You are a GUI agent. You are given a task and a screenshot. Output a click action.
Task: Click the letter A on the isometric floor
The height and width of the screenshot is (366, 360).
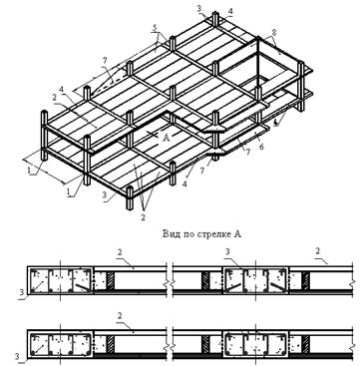click(x=167, y=138)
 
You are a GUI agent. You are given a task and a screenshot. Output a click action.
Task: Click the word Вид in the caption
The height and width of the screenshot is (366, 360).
click(x=171, y=234)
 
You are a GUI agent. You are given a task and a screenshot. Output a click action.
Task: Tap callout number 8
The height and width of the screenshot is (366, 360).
click(x=273, y=34)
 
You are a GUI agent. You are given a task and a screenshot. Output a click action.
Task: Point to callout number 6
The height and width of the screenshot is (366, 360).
click(x=261, y=147)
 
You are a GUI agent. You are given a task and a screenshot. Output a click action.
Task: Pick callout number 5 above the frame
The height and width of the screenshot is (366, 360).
click(x=155, y=29)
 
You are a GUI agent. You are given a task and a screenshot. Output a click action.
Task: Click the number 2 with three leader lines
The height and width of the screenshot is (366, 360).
click(x=144, y=217)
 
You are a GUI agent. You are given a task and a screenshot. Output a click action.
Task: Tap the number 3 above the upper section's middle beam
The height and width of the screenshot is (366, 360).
click(x=227, y=252)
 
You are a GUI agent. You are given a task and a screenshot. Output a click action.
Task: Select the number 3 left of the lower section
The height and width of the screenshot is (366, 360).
click(x=22, y=357)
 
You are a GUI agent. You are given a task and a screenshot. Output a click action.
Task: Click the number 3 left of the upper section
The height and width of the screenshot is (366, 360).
click(x=22, y=292)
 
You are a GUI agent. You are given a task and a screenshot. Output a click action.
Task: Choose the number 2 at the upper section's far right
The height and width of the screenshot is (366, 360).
click(x=318, y=251)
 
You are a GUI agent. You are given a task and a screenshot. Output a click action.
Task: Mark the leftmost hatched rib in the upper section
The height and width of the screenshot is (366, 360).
click(x=110, y=280)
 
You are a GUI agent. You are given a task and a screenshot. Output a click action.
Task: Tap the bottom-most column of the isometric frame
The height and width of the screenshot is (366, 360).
click(x=130, y=197)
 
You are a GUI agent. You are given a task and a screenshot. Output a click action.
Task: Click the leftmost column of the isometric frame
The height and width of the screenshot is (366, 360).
click(x=44, y=136)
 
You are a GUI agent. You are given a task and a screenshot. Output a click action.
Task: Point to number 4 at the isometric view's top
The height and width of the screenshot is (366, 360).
click(x=230, y=11)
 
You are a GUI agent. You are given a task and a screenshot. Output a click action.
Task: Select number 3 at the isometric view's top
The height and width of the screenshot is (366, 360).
click(x=198, y=9)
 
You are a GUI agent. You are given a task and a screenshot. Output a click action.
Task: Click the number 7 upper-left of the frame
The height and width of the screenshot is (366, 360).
click(x=105, y=60)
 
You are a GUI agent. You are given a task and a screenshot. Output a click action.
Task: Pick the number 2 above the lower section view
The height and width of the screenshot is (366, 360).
click(x=120, y=316)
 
